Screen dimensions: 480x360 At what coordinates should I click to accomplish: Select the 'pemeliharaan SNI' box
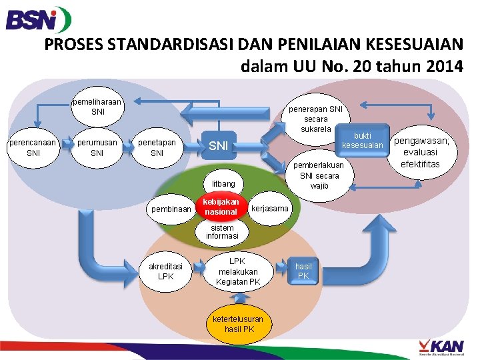pos(98,107)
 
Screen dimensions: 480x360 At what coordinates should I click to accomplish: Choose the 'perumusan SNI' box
pos(97,148)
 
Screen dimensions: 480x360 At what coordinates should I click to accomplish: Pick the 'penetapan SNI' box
pos(157,148)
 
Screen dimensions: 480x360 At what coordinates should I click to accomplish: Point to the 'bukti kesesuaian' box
pos(362,140)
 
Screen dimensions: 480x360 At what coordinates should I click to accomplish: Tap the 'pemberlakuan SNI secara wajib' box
pos(319,175)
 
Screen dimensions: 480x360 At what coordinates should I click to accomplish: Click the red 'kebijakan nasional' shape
pos(221,207)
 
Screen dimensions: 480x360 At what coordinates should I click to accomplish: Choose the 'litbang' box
pos(224,183)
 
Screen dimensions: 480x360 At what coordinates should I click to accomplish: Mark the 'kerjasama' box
pos(271,209)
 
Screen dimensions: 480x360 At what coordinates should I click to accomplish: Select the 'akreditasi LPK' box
pos(166,271)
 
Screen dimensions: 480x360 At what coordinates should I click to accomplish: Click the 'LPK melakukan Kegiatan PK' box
pos(238,271)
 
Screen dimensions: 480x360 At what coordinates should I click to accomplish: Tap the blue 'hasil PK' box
pos(303,271)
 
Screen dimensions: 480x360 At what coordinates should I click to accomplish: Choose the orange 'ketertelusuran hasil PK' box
pos(239,324)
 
